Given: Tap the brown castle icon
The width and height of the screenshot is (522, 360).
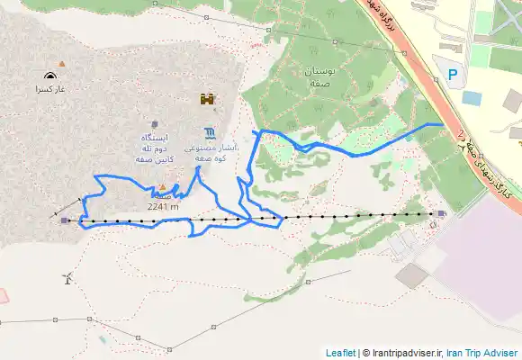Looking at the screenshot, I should click(x=207, y=99).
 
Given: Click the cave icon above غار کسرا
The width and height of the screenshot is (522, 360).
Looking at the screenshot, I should click(x=48, y=76).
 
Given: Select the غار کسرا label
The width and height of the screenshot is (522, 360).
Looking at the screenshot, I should click(x=50, y=90).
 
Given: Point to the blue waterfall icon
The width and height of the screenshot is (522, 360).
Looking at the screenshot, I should click(x=210, y=131).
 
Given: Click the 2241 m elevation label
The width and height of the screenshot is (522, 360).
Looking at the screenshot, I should click(x=162, y=206).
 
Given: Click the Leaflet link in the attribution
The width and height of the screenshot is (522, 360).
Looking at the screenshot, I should click(x=340, y=353).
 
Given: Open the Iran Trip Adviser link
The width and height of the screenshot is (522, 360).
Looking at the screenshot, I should click(x=482, y=353).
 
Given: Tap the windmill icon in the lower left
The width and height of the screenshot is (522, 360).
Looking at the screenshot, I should click(x=67, y=278).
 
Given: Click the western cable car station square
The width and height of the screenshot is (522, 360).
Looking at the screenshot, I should click(x=64, y=220).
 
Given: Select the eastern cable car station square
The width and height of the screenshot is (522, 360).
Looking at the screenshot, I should click(x=441, y=213).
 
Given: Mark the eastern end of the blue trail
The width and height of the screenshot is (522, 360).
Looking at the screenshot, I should click(x=441, y=124).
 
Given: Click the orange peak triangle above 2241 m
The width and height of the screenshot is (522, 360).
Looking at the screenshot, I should click(x=162, y=188).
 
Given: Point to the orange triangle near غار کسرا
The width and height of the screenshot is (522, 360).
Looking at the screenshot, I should click(x=61, y=63).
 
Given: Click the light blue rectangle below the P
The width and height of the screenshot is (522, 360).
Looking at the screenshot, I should click(x=471, y=98).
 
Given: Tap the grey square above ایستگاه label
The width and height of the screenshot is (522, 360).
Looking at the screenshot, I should click(x=155, y=124).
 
